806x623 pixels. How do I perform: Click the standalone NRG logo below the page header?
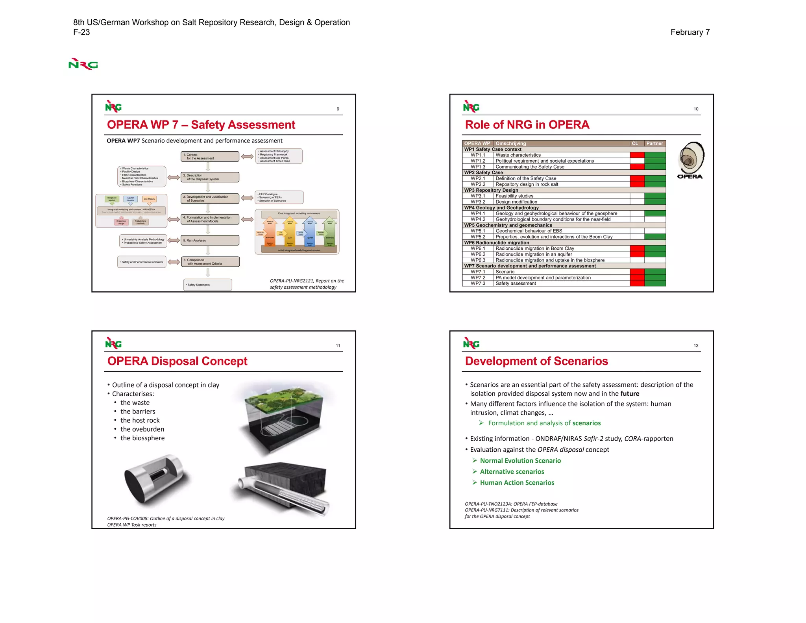83,64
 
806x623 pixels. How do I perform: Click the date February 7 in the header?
690,32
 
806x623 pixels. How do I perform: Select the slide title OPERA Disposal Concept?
177,361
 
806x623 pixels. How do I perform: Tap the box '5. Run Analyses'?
210,240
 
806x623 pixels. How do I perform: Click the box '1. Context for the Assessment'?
210,156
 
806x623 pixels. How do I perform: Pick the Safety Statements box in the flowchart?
207,285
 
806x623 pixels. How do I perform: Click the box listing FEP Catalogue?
279,197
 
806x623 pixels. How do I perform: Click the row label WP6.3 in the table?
478,260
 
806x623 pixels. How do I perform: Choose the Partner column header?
654,143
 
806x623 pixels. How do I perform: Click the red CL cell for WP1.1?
637,155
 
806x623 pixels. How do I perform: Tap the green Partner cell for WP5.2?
655,237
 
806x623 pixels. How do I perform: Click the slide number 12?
696,346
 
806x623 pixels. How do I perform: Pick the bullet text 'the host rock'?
140,420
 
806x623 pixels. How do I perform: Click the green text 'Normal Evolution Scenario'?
520,461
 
